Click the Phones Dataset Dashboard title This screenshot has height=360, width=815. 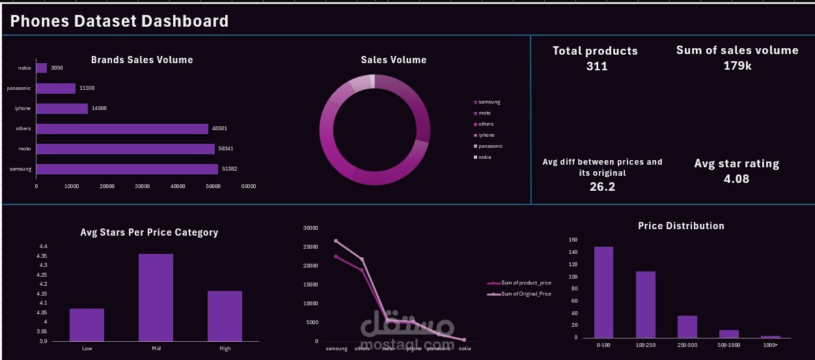coord(120,21)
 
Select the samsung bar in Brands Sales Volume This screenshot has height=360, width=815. coord(127,169)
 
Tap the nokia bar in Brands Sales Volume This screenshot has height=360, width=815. coord(41,68)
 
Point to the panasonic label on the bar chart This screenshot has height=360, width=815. coord(19,89)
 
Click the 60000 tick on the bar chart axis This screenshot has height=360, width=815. coord(248,187)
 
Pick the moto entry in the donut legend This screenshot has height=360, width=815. coord(484,113)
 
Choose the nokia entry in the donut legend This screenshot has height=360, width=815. coord(484,158)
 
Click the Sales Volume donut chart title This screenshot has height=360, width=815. coord(394,60)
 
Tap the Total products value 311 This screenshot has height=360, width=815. coord(596,66)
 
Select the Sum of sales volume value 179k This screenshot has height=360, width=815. coord(738,66)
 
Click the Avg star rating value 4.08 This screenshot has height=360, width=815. coord(736,178)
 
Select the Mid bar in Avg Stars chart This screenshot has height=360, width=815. coord(156,297)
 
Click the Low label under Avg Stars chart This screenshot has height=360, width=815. coord(87,348)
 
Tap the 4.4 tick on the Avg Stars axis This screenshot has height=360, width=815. coord(43,247)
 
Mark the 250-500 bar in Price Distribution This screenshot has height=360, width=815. coord(687,326)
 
